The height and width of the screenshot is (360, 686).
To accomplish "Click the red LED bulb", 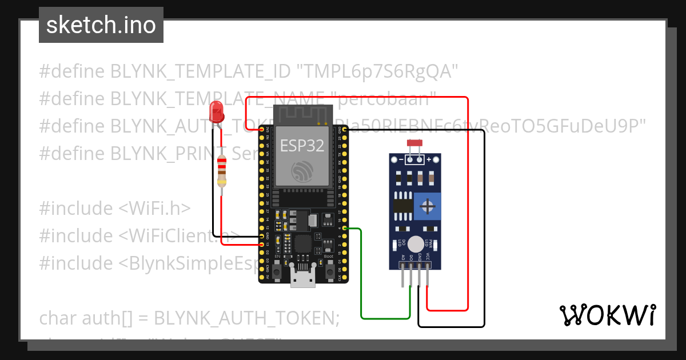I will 217,111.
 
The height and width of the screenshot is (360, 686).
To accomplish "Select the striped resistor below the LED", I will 222,170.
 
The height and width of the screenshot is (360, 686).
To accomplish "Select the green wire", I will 361,274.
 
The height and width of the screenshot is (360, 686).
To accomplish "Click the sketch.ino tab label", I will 101,25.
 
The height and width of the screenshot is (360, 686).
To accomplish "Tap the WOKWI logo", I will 607,315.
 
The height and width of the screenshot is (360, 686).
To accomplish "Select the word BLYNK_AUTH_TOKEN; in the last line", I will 247,318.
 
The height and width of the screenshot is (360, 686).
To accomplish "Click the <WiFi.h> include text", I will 155,208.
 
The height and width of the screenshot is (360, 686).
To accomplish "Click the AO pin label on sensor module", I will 404,259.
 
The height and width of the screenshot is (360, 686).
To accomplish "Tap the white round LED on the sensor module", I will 417,243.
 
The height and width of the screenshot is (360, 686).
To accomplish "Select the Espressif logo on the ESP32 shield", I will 302,171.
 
